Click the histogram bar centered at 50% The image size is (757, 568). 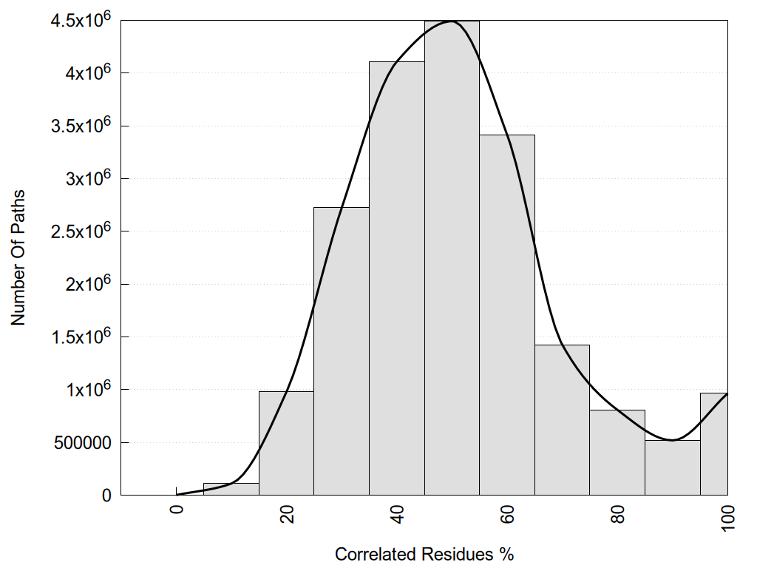coord(452,258)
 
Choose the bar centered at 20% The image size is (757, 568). coord(286,443)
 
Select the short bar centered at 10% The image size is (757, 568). coord(231,489)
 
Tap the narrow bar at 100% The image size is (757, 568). coord(714,444)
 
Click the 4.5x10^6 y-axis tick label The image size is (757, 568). coord(81,20)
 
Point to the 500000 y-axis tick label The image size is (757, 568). coord(81,442)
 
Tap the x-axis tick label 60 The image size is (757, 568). coord(507,513)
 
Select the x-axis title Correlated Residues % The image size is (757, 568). coord(424,554)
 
